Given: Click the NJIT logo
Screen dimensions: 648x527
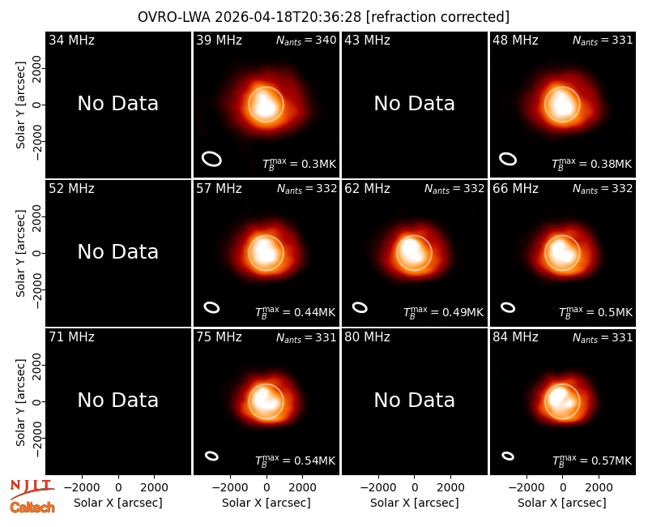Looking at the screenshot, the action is (x=32, y=489).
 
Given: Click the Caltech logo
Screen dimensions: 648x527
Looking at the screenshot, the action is (x=32, y=508).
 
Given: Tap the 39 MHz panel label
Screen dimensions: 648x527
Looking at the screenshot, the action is (x=219, y=40).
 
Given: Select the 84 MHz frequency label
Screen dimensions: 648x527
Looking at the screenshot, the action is (x=515, y=337).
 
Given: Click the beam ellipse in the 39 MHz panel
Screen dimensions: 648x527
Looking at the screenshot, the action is (x=211, y=159).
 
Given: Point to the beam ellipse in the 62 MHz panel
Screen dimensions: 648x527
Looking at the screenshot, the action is (x=360, y=307).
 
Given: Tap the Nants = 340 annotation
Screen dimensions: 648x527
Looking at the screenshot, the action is (x=306, y=40).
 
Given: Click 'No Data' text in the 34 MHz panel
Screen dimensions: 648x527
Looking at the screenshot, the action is (x=118, y=104).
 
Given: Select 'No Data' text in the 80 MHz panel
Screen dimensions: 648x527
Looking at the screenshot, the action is (x=415, y=400).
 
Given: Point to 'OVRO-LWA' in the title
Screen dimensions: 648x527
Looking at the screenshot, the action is (x=174, y=17).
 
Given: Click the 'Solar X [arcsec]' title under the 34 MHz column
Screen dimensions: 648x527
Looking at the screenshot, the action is (x=118, y=503).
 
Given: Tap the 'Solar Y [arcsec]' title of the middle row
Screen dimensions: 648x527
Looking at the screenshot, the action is (x=21, y=253).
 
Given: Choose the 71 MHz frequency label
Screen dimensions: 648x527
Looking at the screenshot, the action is (x=71, y=337).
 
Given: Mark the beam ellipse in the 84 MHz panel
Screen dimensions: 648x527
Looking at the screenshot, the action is (x=508, y=456).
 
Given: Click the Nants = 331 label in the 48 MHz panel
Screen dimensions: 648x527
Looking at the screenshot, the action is (x=603, y=40).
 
